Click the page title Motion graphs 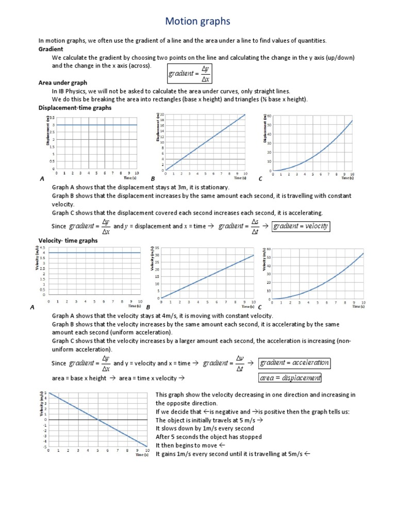(x=197, y=21)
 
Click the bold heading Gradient (x=51, y=49)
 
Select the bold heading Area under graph (x=63, y=82)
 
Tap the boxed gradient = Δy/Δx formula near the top (x=190, y=73)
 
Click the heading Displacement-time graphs (x=75, y=108)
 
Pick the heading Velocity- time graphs (x=68, y=240)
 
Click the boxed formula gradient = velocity (x=301, y=226)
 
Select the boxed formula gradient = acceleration (x=294, y=362)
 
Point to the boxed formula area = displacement (x=290, y=378)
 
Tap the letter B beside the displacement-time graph (x=153, y=178)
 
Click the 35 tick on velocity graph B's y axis (x=157, y=248)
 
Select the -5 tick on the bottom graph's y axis (x=45, y=447)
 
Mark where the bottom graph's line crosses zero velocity (x=98, y=420)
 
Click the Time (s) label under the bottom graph (x=142, y=455)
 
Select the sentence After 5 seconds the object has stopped (x=208, y=437)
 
